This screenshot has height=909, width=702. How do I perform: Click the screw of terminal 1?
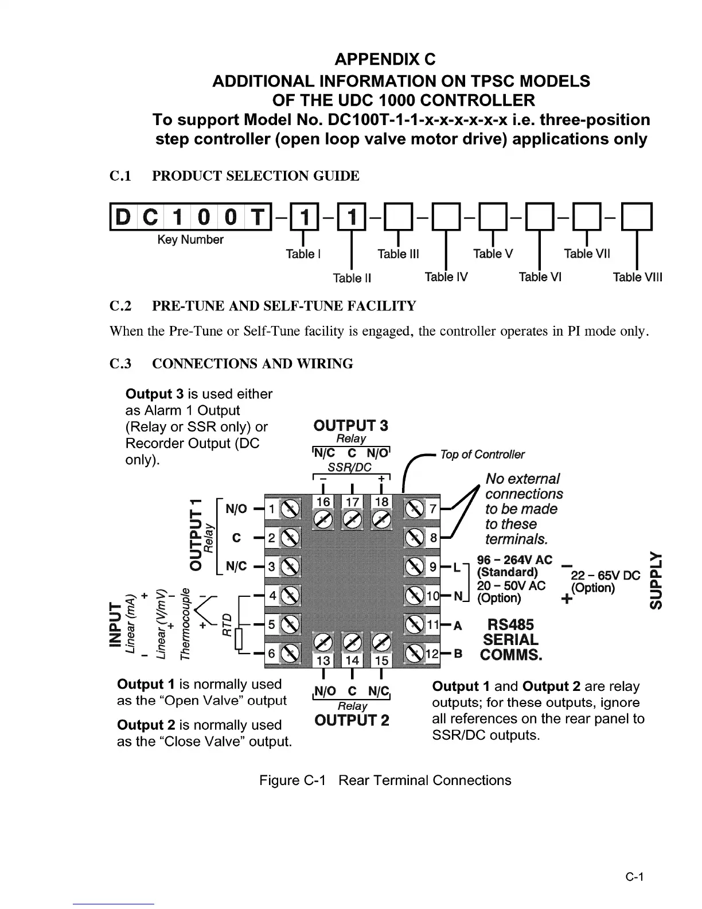290,509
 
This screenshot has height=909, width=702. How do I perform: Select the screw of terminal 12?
414,653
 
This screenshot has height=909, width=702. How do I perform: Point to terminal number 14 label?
352,661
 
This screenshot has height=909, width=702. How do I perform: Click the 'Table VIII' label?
637,278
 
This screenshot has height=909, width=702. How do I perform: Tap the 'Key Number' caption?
190,240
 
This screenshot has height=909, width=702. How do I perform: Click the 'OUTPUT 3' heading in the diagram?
350,425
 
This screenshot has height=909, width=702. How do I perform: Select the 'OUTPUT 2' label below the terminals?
352,720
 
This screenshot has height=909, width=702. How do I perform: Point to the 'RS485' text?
510,625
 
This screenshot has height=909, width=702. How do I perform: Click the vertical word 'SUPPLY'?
658,580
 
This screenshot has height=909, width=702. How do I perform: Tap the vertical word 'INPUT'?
116,624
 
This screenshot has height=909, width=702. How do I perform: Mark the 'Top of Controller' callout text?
482,455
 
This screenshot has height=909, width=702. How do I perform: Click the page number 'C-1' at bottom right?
635,877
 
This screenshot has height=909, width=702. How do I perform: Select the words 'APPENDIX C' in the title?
385,59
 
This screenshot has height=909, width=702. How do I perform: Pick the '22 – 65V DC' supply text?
605,576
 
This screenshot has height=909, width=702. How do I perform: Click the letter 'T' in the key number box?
259,217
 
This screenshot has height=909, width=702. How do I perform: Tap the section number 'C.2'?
120,306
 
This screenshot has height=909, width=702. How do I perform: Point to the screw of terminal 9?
414,567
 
